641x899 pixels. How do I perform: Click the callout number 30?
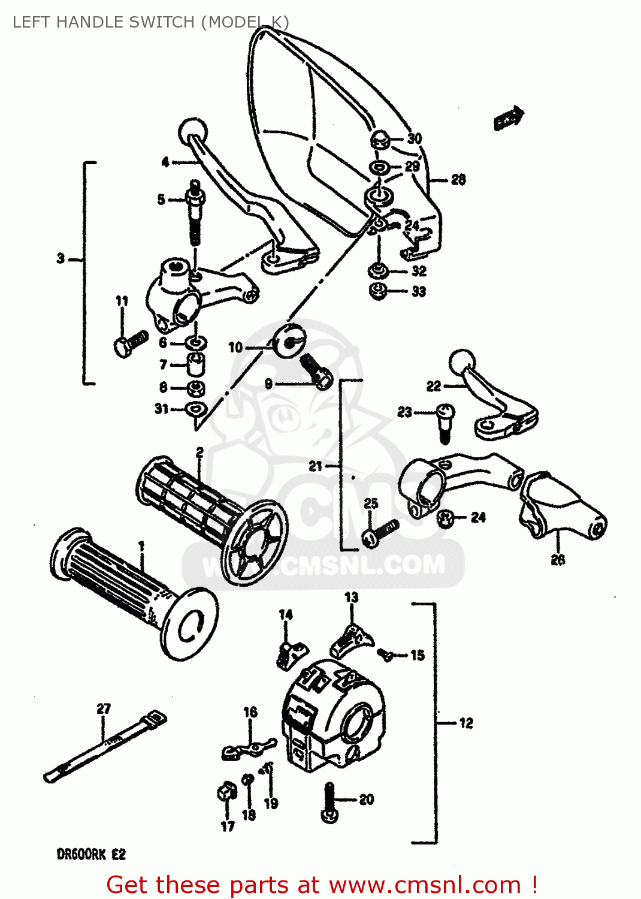(x=415, y=138)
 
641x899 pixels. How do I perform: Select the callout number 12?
(x=466, y=723)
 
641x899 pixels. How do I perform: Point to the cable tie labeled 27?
(x=105, y=747)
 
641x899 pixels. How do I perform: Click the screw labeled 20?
(x=329, y=803)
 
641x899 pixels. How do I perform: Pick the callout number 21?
(x=316, y=466)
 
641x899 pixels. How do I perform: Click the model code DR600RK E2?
(x=91, y=854)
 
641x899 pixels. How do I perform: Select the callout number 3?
(x=61, y=259)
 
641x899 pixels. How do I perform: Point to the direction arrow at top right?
(x=509, y=119)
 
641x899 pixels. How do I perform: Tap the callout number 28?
(x=458, y=179)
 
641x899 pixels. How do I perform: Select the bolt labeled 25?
(x=379, y=533)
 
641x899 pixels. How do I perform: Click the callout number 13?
(x=352, y=597)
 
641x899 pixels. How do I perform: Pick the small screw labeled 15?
(x=386, y=655)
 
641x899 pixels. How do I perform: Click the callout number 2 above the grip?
(x=199, y=452)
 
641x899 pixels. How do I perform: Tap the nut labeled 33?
(x=379, y=292)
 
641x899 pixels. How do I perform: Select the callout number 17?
(x=228, y=826)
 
